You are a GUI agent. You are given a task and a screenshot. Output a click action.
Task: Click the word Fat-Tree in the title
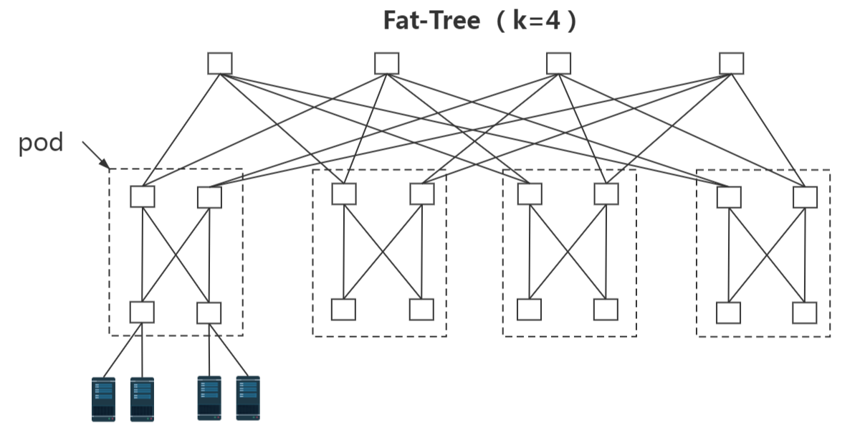431,20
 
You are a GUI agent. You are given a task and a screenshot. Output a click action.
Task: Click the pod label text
41,143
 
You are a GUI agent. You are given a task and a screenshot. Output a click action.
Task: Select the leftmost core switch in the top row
220,63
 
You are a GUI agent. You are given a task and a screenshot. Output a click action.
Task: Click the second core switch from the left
386,63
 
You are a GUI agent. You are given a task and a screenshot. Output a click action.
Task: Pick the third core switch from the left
558,63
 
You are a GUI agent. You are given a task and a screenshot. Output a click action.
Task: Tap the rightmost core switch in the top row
732,63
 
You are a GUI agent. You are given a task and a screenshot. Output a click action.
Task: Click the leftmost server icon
103,399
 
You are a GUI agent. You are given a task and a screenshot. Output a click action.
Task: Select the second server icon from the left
142,399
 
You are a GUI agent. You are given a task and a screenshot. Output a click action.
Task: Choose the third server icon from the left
209,398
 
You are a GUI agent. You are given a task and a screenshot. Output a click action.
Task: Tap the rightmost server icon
248,398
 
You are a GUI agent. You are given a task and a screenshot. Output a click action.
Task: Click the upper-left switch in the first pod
143,196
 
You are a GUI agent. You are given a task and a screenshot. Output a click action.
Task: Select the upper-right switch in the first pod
209,196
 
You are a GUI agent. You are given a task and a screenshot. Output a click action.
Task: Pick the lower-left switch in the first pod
142,312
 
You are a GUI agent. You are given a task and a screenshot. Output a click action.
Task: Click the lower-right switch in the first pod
209,313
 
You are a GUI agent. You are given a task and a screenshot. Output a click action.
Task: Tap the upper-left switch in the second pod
344,194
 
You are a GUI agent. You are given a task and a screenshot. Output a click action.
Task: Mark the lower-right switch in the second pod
421,309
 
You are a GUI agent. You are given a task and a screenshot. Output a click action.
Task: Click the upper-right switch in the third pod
606,194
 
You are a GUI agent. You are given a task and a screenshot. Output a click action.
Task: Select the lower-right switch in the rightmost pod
804,313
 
